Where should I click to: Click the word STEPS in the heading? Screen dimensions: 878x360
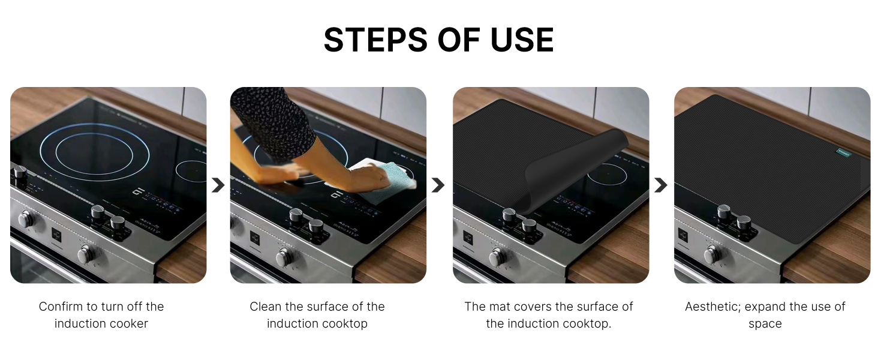point(375,40)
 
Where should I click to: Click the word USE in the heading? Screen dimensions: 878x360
point(522,40)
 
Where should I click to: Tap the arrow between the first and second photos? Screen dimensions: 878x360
point(218,185)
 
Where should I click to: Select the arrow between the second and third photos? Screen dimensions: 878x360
point(438,185)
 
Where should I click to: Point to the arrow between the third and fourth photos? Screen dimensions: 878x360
point(660,185)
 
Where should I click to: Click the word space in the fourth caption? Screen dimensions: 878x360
point(765,325)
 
